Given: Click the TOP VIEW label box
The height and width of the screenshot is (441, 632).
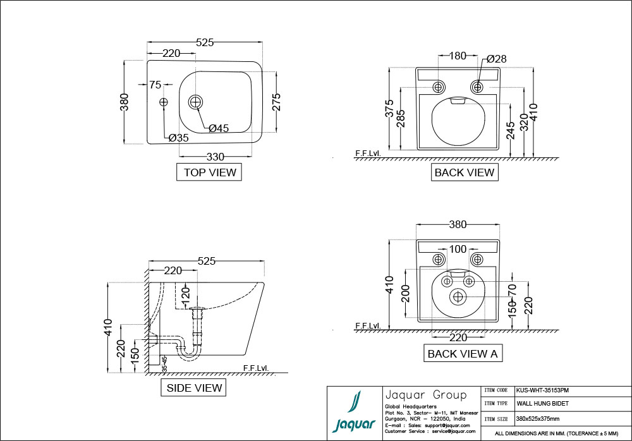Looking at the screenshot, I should tap(210, 172).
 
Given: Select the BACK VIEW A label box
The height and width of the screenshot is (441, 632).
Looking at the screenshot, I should tap(463, 353).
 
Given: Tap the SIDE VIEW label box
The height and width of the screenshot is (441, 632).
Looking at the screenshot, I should tap(194, 387).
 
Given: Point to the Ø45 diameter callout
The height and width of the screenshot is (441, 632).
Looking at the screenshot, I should tap(219, 128).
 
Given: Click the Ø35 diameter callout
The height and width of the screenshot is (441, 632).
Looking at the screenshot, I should tap(179, 137).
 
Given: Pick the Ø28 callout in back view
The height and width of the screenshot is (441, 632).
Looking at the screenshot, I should tap(497, 59).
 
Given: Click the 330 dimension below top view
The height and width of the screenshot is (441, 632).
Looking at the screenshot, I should tap(216, 157).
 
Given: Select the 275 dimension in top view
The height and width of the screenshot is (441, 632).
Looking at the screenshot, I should tap(276, 102).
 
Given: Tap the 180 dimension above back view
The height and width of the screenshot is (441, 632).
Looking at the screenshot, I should tap(458, 56).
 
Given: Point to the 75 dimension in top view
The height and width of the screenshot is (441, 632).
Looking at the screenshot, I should tap(155, 85).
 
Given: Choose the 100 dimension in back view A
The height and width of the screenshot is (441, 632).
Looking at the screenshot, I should tap(458, 249).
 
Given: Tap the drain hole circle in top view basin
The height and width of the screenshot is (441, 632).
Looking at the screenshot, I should tap(196, 101).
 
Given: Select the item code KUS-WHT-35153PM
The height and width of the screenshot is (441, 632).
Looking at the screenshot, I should tap(543, 390).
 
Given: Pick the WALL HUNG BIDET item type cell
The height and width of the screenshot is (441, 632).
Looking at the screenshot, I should tap(542, 403).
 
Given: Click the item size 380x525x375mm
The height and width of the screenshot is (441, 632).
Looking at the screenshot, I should tap(537, 418).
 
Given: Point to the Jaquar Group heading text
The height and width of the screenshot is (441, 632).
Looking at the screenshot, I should tap(425, 395).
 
